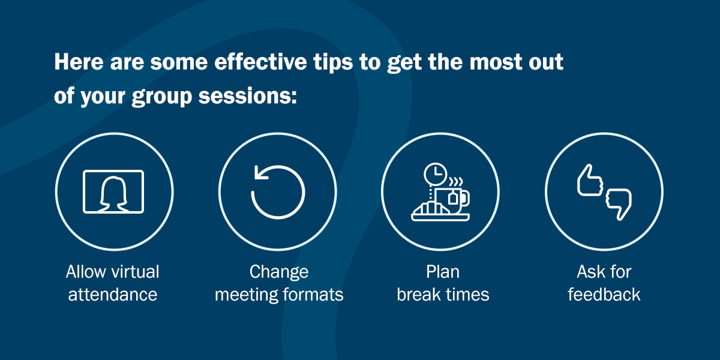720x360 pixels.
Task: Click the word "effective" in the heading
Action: click(x=260, y=62)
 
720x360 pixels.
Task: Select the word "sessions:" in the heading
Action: click(x=247, y=96)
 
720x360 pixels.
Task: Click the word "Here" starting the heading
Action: click(x=79, y=62)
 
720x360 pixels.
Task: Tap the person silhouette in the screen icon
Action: click(x=113, y=194)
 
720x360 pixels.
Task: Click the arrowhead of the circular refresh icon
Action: click(x=260, y=173)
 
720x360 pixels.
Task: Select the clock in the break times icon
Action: click(x=435, y=174)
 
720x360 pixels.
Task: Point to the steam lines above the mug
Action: click(x=456, y=182)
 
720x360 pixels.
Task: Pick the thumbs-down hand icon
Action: click(x=619, y=205)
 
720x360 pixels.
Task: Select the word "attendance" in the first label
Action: click(x=113, y=295)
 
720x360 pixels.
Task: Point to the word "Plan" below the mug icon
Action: click(x=443, y=272)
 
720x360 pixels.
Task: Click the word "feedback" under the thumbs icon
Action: click(x=604, y=295)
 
